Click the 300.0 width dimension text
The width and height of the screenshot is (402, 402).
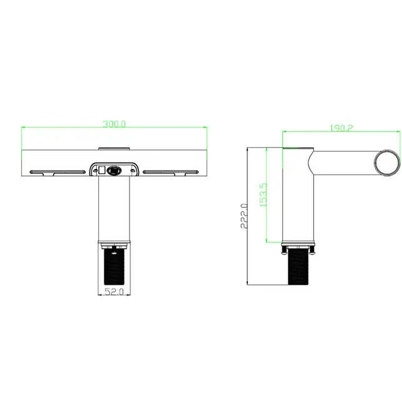pos(115,125)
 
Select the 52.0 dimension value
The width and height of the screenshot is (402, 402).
pos(114,291)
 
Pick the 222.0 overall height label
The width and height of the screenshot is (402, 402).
pos(244,216)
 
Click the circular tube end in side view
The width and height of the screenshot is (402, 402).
pos(387,163)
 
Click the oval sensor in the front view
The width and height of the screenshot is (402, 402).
pos(115,170)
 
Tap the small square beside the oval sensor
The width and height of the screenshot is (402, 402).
pos(102,169)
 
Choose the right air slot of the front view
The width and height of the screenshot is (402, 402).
pos(170,172)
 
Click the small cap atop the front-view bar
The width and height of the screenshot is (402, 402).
pos(115,148)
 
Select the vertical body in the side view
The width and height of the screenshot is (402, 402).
pos(298,200)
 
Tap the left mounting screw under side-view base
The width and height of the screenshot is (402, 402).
pos(286,251)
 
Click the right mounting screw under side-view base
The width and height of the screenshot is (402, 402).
pos(313,251)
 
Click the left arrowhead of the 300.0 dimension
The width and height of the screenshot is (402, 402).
pos(24,127)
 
